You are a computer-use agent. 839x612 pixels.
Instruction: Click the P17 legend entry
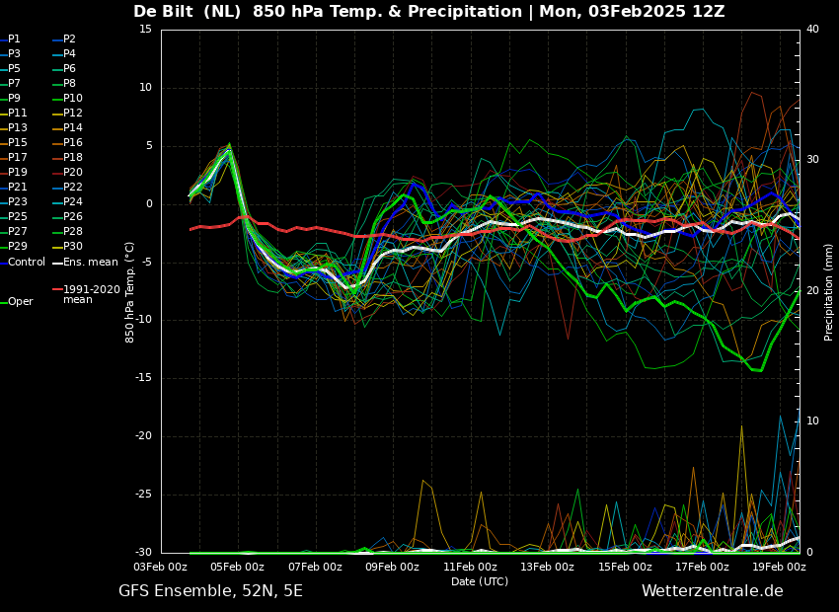click(19, 158)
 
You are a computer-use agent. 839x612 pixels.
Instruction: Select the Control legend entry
click(27, 262)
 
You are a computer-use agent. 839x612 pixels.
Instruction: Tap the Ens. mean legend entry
click(90, 262)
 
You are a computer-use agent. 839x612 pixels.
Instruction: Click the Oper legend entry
click(21, 302)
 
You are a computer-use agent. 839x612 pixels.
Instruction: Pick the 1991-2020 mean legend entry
click(91, 294)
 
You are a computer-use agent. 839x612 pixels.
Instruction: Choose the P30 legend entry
click(73, 247)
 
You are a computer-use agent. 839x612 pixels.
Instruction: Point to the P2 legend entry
click(69, 39)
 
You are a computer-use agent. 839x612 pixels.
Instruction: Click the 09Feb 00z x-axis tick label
click(392, 567)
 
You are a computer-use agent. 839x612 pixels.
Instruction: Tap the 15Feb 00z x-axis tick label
click(625, 567)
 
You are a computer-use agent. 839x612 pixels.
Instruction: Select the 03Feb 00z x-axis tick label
click(160, 567)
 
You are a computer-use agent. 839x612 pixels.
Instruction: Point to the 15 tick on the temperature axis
click(145, 30)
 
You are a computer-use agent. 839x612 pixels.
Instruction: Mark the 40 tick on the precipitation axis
click(812, 30)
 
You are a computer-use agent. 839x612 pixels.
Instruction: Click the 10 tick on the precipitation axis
click(812, 421)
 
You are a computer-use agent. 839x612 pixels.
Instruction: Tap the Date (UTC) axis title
click(480, 581)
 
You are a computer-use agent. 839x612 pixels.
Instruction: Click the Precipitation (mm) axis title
click(829, 291)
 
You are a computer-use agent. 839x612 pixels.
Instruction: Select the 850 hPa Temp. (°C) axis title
click(130, 291)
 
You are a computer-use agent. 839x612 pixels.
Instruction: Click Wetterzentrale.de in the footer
click(712, 591)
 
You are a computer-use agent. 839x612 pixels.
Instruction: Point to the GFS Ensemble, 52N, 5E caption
click(210, 591)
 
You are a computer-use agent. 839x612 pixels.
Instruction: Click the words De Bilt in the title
click(166, 12)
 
